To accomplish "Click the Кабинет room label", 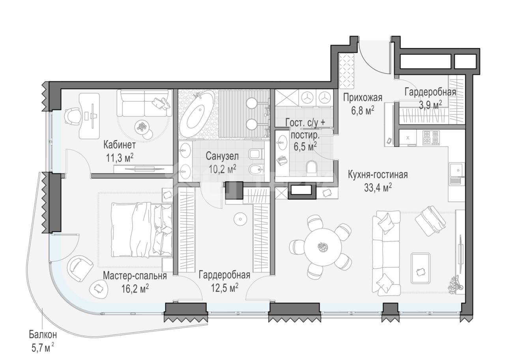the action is tap(120, 145).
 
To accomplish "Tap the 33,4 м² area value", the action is tap(378, 187).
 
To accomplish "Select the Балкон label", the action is tap(43, 335).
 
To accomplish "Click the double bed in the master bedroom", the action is tap(142, 229).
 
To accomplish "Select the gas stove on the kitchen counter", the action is tap(431, 138).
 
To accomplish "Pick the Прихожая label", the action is tap(363, 98).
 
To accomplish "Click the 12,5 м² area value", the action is tap(224, 288).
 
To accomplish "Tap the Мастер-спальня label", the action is tap(135, 276).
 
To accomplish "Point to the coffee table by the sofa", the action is tap(421, 268).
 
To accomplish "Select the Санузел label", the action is tap(222, 156).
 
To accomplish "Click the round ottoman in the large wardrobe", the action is tap(240, 219).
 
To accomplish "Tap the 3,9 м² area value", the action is tap(430, 105).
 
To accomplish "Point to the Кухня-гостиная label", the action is tap(378, 175).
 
